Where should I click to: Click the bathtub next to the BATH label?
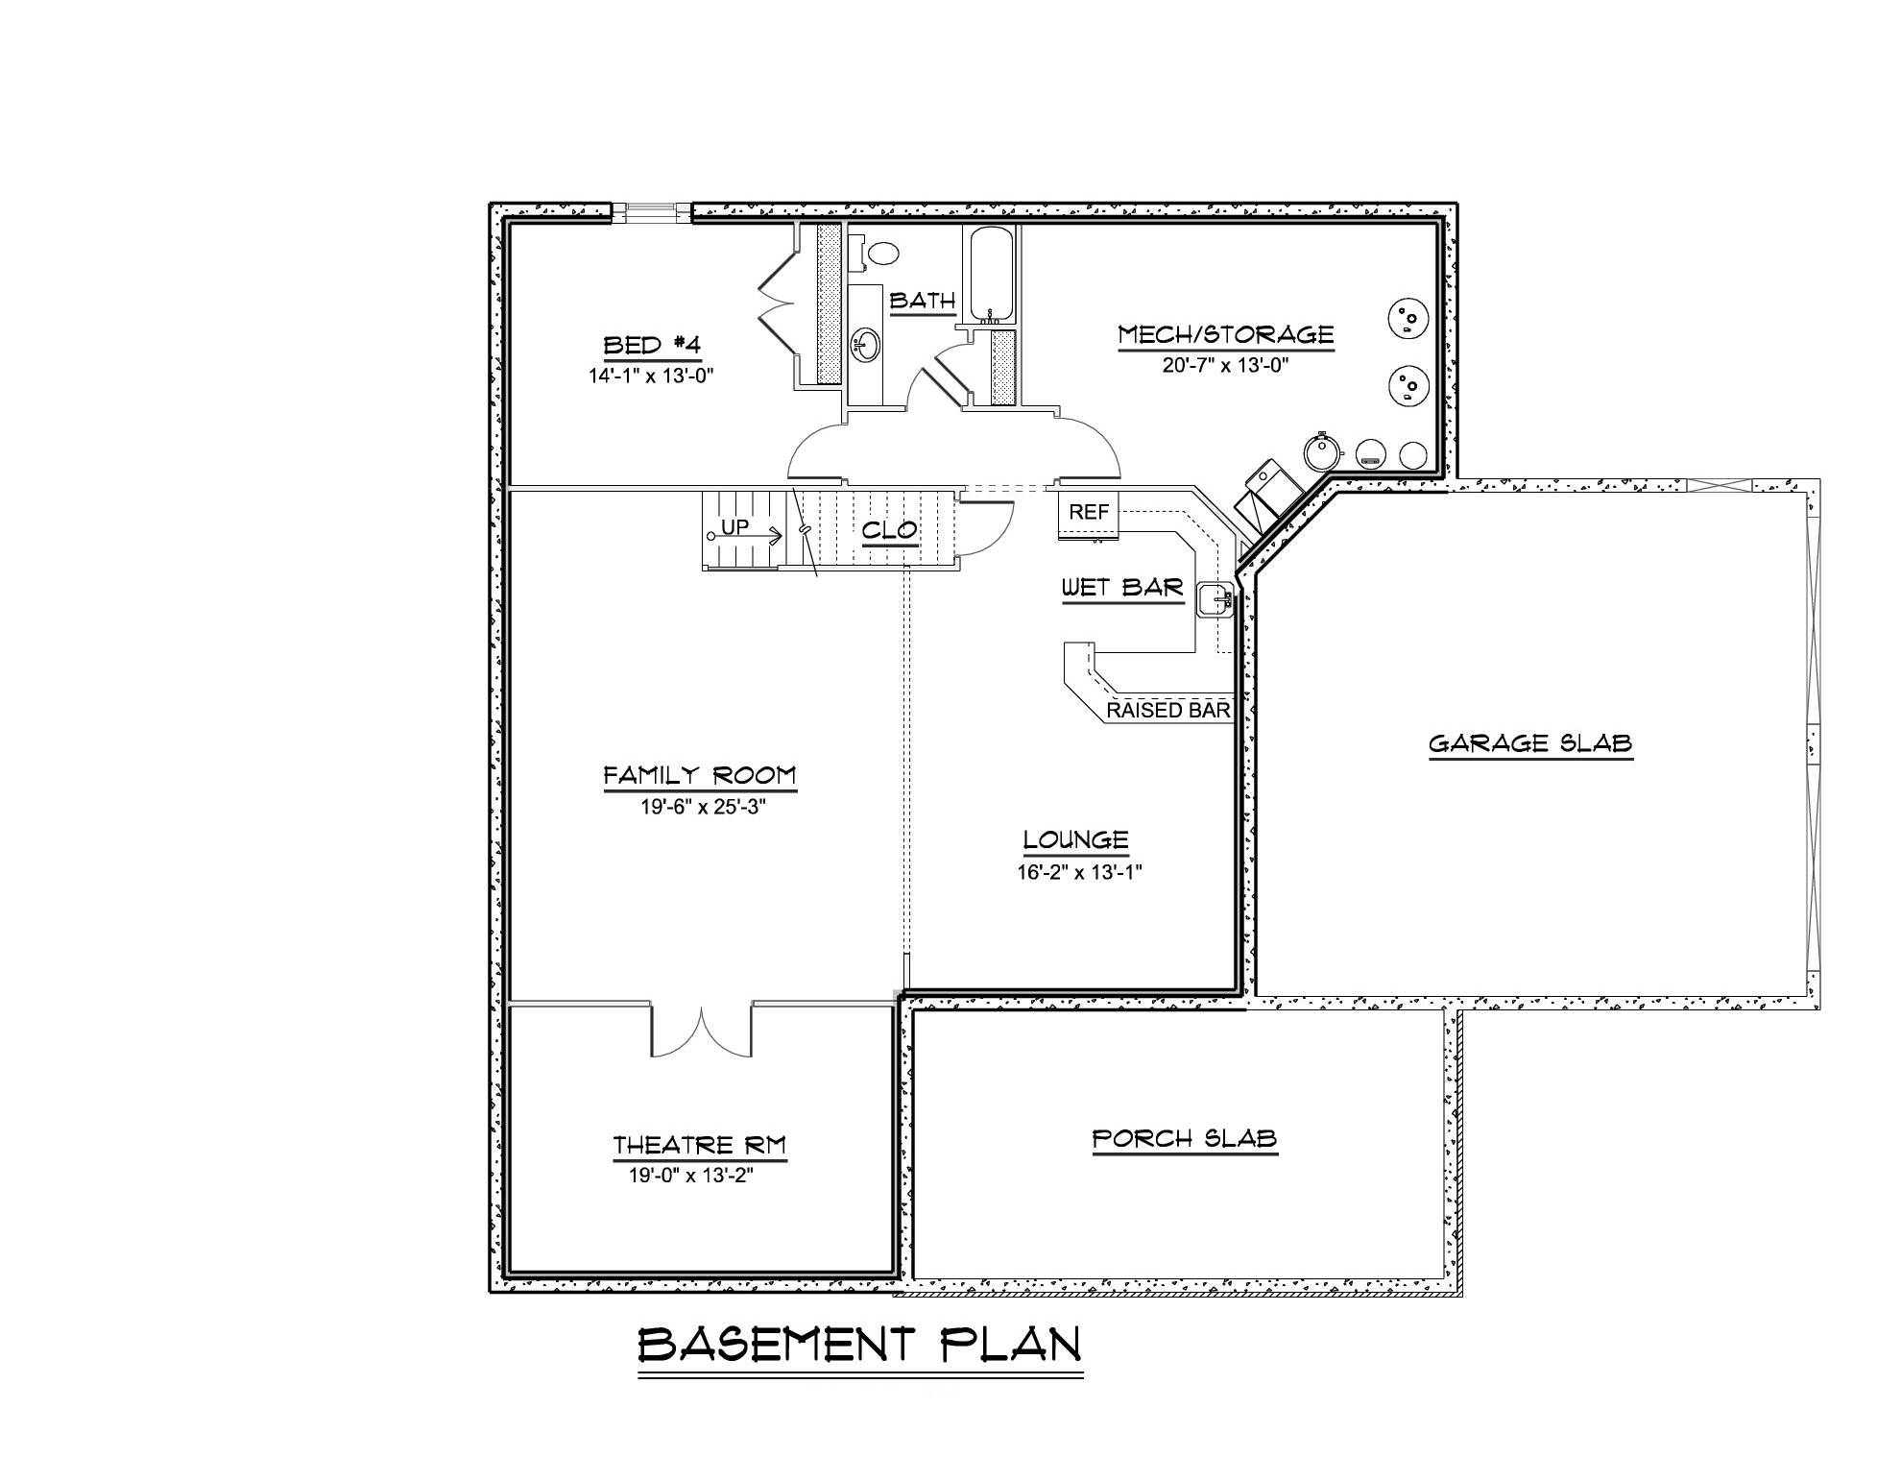[990, 273]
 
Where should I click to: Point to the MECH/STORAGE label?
[1225, 334]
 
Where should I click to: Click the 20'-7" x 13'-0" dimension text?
[1225, 365]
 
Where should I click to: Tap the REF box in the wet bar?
[1088, 514]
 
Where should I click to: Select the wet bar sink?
[1216, 597]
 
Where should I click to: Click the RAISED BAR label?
[1167, 711]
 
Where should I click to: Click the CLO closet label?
[889, 530]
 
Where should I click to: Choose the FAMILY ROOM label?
[700, 775]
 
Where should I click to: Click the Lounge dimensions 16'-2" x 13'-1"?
[1079, 872]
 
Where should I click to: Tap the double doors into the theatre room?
[702, 1032]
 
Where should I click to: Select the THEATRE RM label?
[699, 1145]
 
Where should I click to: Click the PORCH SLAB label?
[1184, 1139]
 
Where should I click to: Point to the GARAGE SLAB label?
[1530, 743]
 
